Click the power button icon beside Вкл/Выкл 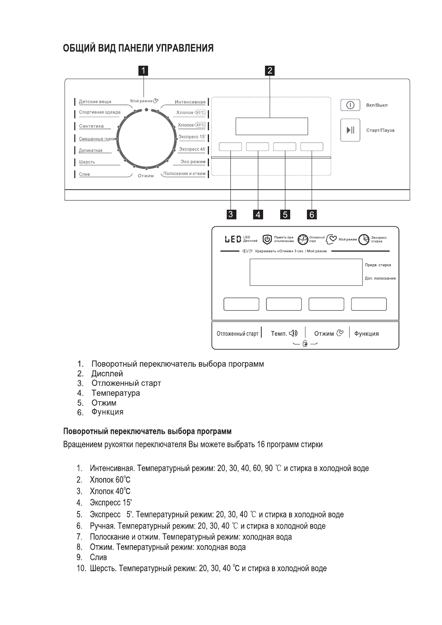point(350,105)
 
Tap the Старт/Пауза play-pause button point(350,130)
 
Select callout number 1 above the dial point(143,71)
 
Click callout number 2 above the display point(270,71)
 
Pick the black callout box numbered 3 point(230,214)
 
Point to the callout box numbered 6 point(312,214)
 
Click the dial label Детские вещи point(95,102)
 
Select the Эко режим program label point(193,162)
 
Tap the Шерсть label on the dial point(87,162)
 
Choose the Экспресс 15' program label point(192,137)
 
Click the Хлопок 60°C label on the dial point(190,112)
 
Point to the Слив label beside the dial point(84,174)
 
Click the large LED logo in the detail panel point(232,239)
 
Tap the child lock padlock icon point(305,343)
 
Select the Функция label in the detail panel point(366,334)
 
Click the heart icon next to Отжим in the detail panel point(340,333)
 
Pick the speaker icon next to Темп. point(293,333)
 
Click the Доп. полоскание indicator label point(380,278)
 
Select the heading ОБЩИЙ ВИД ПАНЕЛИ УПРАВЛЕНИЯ point(138,49)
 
